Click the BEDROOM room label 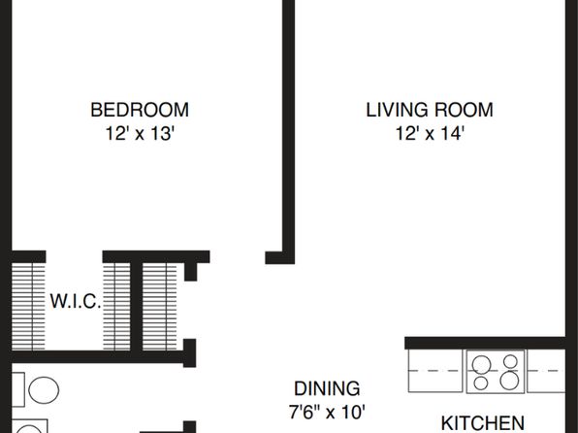140,110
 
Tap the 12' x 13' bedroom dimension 140,133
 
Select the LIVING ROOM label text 430,110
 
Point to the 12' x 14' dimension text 430,133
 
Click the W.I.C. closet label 76,301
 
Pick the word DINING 327,388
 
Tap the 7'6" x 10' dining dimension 327,412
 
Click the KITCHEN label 483,423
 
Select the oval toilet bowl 44,390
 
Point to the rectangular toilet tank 18,389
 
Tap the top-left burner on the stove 481,365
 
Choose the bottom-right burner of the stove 509,381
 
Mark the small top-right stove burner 510,361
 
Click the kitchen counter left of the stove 435,371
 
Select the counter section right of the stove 546,371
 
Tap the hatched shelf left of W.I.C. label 28,307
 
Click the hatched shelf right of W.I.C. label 116,307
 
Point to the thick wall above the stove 485,343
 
